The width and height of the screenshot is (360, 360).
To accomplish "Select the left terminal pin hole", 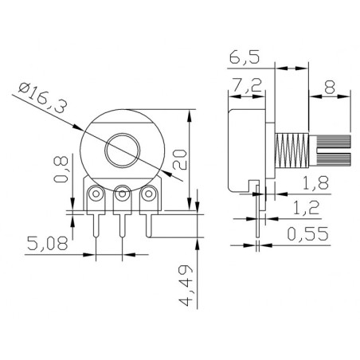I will click(x=97, y=193).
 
